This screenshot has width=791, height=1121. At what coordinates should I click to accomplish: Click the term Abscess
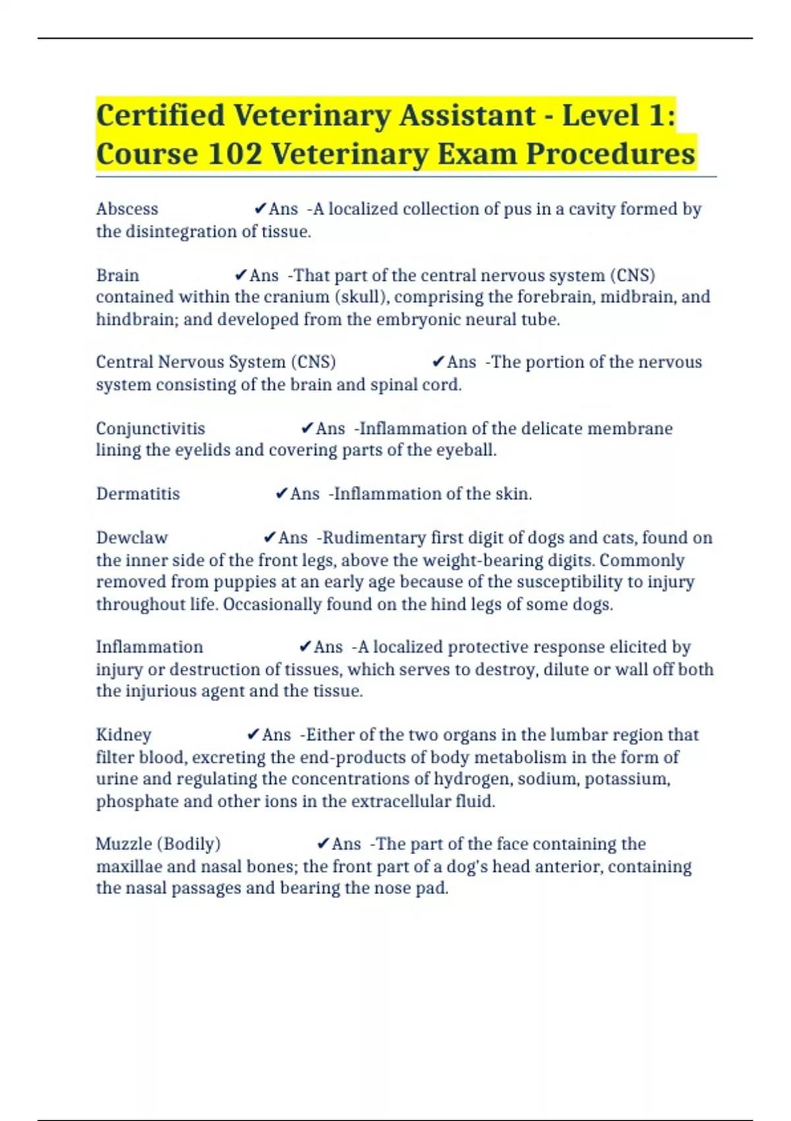pos(127,209)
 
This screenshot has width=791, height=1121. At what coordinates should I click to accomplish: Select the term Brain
pos(117,275)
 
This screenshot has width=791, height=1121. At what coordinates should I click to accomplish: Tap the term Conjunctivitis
pos(150,429)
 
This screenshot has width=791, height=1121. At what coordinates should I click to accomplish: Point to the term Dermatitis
pos(138,494)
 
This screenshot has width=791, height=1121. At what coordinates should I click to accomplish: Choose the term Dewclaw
pos(132,538)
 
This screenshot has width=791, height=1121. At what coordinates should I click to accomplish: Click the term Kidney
pos(123,735)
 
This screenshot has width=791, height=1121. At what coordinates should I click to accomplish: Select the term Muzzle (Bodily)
pos(158,844)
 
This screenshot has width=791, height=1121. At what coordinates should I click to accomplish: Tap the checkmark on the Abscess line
pos(260,209)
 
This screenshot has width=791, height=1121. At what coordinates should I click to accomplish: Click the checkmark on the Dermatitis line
pos(281,494)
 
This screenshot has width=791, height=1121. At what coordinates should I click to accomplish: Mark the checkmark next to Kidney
pos(253,735)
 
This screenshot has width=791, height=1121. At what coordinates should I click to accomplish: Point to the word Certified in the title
pos(160,115)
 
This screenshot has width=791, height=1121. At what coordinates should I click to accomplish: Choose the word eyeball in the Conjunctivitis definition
pos(467,450)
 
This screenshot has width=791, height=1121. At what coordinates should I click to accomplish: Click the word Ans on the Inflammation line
pos(328,647)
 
